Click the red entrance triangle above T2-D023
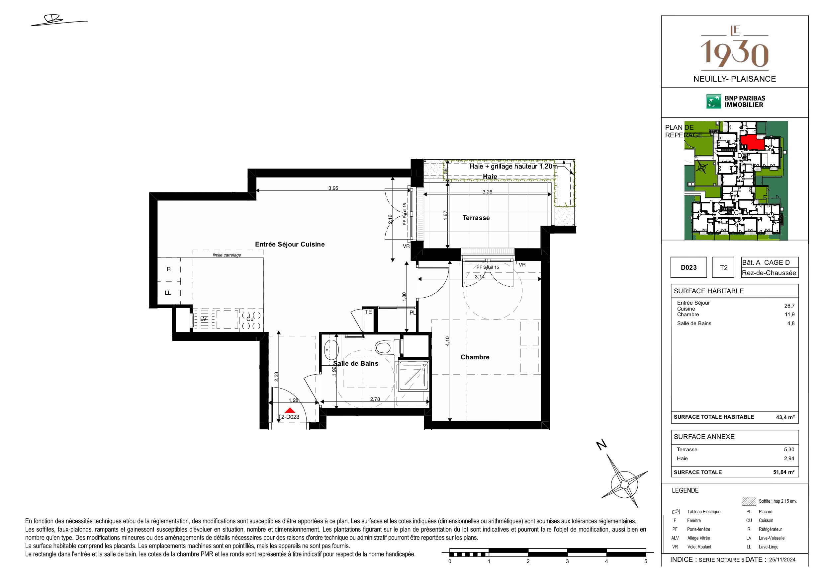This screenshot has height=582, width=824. point(290,410)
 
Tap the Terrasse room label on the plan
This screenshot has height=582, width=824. point(476,218)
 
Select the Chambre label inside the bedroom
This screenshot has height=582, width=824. point(475,357)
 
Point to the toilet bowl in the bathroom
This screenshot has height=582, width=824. point(383,347)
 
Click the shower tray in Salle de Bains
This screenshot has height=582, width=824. point(413,377)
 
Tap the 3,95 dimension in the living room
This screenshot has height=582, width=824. point(333,188)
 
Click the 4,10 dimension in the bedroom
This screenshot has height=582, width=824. point(447,341)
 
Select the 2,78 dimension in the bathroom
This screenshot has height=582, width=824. point(375,399)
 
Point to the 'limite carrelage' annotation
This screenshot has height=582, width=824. point(227,255)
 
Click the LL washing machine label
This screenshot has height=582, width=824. point(168,293)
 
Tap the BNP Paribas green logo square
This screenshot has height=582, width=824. point(713,102)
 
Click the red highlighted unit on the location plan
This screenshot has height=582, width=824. point(752,142)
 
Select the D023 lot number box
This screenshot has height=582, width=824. point(689,267)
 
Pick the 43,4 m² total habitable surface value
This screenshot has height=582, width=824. point(785,417)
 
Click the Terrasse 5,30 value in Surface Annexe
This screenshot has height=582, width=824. point(789,449)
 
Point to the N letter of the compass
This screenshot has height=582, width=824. point(601,445)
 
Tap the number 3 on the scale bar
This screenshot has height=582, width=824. point(567,561)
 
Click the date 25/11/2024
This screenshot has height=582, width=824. point(782,559)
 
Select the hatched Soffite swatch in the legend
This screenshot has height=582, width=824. point(749,501)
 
